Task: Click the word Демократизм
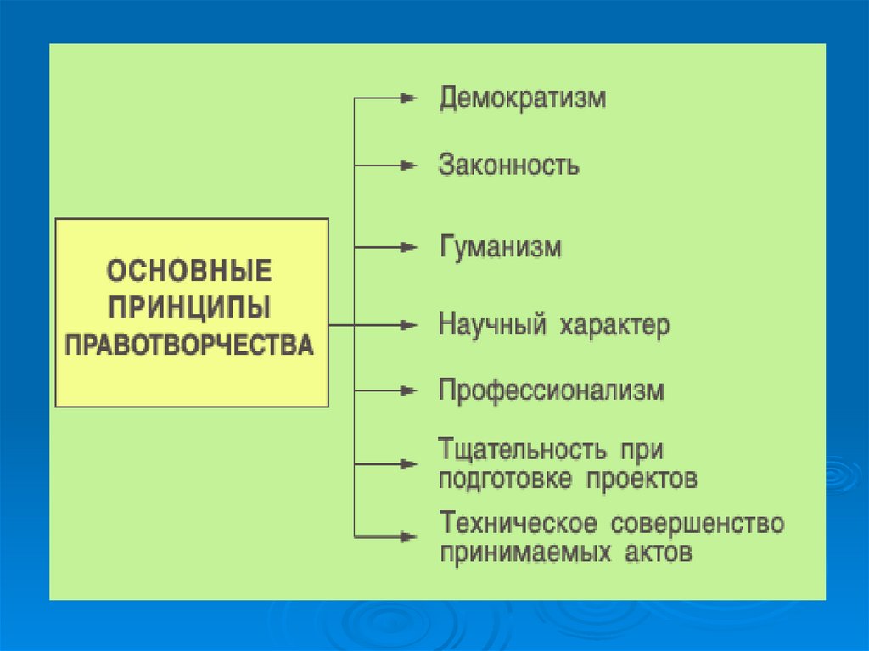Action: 522,98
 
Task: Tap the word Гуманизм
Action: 500,248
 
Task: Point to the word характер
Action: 614,325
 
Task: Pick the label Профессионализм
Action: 551,391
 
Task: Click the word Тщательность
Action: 522,448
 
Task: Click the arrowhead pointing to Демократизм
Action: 409,98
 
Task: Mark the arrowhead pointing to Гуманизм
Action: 409,248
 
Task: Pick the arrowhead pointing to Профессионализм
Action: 409,391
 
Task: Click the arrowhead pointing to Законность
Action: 409,165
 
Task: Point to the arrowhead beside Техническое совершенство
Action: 409,536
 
